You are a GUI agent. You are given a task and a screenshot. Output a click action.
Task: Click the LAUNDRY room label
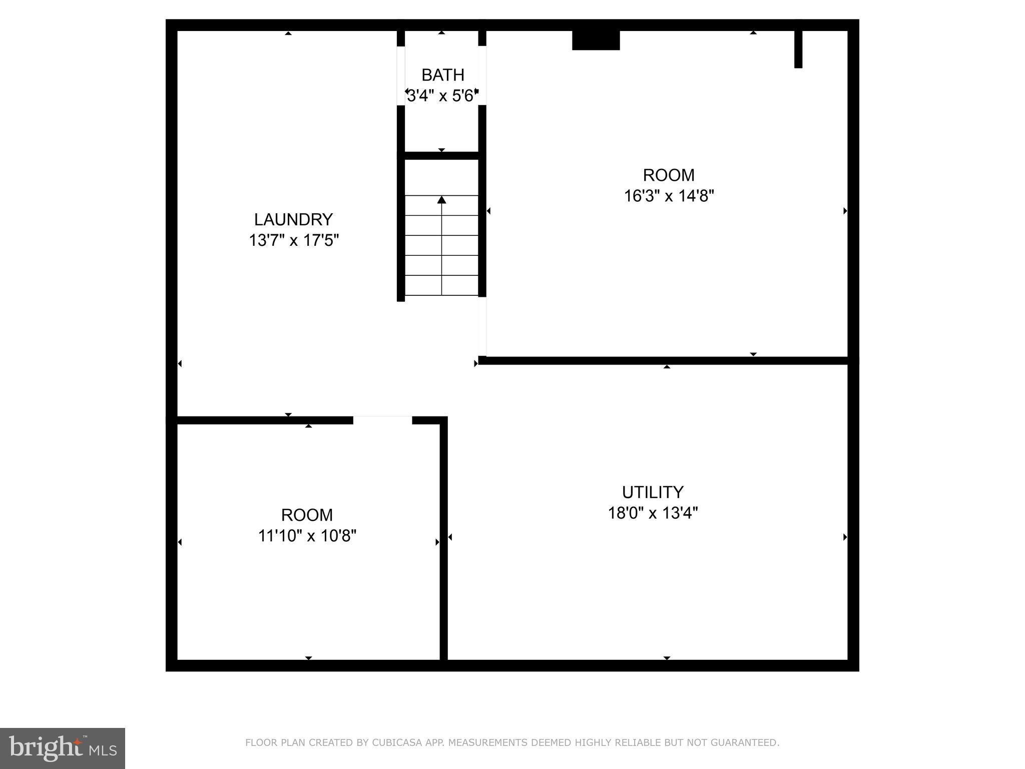(293, 220)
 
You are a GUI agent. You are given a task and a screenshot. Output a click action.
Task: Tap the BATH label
(443, 75)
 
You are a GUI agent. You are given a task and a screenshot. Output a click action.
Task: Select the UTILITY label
(653, 493)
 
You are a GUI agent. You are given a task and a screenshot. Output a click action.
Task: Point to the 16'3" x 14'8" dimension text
(669, 196)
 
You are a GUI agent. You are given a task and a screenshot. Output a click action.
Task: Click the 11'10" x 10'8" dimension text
(307, 536)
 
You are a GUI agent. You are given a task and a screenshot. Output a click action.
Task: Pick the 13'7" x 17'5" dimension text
(294, 241)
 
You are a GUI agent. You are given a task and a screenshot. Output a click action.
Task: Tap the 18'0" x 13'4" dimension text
(653, 513)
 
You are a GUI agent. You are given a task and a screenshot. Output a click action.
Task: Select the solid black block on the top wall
(596, 40)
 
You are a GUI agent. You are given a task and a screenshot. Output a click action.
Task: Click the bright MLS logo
(63, 748)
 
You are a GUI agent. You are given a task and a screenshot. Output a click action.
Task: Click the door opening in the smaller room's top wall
(382, 420)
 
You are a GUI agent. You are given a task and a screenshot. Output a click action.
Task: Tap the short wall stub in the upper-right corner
(798, 49)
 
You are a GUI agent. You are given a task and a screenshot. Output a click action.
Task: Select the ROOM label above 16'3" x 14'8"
(669, 175)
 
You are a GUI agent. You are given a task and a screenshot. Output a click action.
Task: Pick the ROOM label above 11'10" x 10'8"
(307, 515)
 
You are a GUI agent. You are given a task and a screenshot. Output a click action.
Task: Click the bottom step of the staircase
(441, 285)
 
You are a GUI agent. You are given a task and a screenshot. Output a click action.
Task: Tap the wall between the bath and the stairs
(441, 156)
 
